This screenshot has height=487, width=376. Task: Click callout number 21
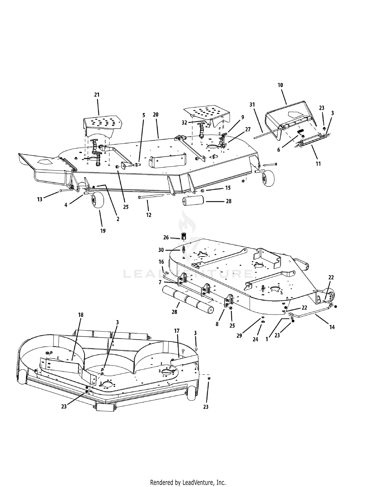[97, 95]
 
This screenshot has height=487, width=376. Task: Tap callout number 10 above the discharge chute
[280, 85]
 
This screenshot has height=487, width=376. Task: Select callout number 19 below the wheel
[103, 231]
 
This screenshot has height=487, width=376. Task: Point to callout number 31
[252, 105]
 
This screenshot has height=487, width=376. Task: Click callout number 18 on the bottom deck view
[80, 315]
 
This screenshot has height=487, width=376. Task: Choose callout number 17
[177, 331]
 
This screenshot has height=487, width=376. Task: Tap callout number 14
[332, 327]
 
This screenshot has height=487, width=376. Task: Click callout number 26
[166, 238]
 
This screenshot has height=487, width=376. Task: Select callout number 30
[161, 250]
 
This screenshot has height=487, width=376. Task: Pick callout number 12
[149, 215]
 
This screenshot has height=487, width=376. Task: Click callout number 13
[40, 199]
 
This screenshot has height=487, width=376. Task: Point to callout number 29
[239, 335]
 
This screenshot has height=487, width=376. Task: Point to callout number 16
[161, 262]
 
